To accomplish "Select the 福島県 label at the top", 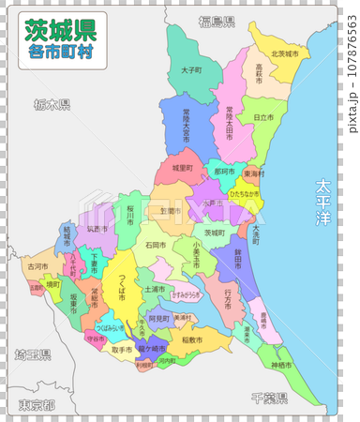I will coord(217,20).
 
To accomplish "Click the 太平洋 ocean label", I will coord(323,202).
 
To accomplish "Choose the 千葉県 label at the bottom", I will coord(269,397).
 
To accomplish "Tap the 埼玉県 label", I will coord(33,354).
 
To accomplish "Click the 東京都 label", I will coord(35,404).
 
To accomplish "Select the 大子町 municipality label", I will coord(191,70).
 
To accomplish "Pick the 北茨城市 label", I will coord(284,54).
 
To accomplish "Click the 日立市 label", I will coord(263,117).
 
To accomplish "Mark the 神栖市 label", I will coord(281,364).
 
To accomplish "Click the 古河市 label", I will coord(37,267).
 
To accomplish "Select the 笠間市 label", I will coord(170,211).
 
